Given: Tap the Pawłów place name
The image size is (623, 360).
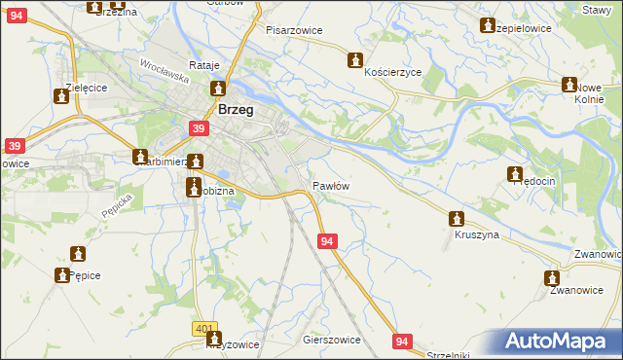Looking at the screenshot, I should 330,185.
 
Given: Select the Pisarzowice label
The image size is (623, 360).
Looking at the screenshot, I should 294,30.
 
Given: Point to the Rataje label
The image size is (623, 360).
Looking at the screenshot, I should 204,65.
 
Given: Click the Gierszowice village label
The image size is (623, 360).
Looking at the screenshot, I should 332,340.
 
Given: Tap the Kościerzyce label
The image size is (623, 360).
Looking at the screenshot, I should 392,73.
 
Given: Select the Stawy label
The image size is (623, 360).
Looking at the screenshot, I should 595,9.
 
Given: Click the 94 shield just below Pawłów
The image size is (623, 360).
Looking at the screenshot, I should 327,240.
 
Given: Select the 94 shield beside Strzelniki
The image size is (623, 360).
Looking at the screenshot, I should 403,341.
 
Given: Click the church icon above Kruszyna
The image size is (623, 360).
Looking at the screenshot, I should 456,219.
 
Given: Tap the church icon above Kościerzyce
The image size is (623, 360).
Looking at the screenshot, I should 355,59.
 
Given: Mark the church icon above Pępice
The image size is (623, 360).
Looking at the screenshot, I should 78,254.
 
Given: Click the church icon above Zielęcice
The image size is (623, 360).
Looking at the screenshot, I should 60,94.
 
